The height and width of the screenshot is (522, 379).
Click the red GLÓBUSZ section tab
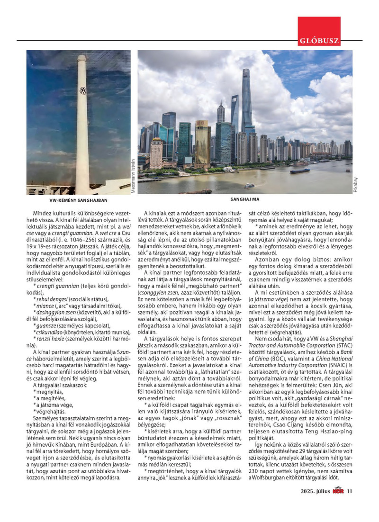coord(319,40)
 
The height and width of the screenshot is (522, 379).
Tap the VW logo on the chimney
coord(83,90)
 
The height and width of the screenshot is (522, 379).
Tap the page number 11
coord(350,491)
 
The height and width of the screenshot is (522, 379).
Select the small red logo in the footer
coord(337,490)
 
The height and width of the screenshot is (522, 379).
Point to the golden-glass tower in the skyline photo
coord(202,144)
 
